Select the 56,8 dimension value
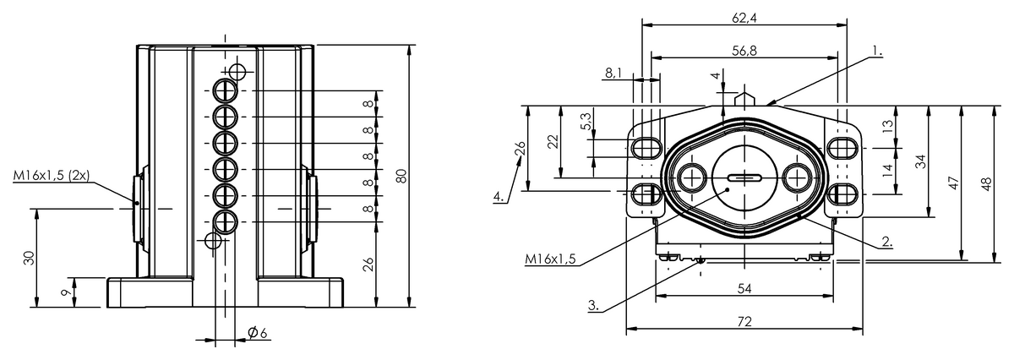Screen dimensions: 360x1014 [744, 51]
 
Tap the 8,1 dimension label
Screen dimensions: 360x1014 [614, 74]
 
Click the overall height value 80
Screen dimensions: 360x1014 [402, 176]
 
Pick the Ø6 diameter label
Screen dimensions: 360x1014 [258, 334]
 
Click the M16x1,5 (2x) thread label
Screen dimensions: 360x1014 [52, 176]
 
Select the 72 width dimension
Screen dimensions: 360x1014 [744, 322]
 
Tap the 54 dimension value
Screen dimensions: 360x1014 [744, 288]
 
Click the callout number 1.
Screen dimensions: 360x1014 [878, 52]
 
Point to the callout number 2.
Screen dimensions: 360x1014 [886, 242]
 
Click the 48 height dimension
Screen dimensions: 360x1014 [985, 184]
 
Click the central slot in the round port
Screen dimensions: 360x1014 [744, 178]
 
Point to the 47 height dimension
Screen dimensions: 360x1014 [952, 184]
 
